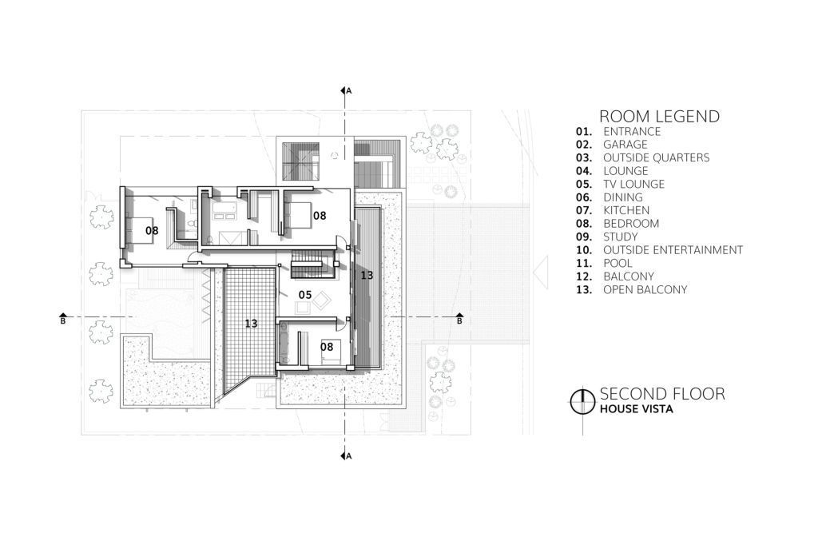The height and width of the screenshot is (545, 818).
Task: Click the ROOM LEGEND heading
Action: click(659, 116)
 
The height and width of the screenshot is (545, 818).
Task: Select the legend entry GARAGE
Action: click(625, 145)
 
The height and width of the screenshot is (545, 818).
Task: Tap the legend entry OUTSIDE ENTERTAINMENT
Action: click(673, 250)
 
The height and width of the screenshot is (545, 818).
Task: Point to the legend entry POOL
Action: click(617, 263)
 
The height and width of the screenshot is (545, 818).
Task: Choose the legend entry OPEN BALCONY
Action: click(645, 290)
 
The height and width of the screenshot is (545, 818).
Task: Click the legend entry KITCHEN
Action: click(626, 210)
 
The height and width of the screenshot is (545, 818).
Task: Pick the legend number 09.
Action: click(584, 237)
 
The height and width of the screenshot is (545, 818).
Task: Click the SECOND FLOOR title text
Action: click(662, 394)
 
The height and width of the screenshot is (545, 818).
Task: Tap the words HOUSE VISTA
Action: click(636, 409)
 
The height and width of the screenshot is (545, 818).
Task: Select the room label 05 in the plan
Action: click(304, 295)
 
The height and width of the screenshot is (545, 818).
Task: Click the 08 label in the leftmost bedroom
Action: click(152, 230)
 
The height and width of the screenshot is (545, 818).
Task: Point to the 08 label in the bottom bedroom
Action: click(327, 347)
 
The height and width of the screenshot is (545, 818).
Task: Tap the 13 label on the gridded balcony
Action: click(251, 324)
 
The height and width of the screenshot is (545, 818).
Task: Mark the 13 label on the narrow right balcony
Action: click(367, 275)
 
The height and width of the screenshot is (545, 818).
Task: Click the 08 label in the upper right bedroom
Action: click(320, 215)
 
